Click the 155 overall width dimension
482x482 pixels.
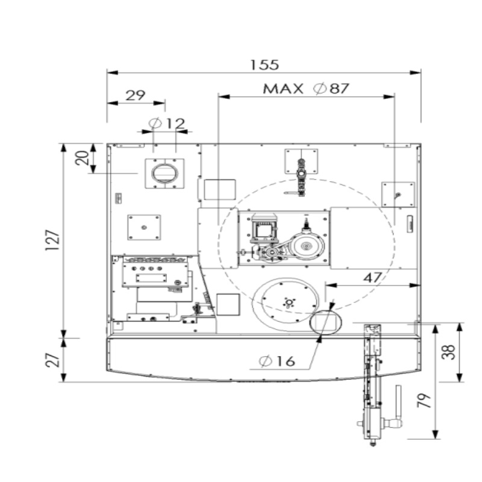[264, 64]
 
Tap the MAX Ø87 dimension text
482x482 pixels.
[306, 89]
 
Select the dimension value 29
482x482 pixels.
[136, 95]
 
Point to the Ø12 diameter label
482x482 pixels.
[167, 124]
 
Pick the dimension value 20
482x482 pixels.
[82, 158]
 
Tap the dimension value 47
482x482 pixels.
[372, 278]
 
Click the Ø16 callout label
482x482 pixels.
[277, 361]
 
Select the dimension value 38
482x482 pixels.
[448, 352]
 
